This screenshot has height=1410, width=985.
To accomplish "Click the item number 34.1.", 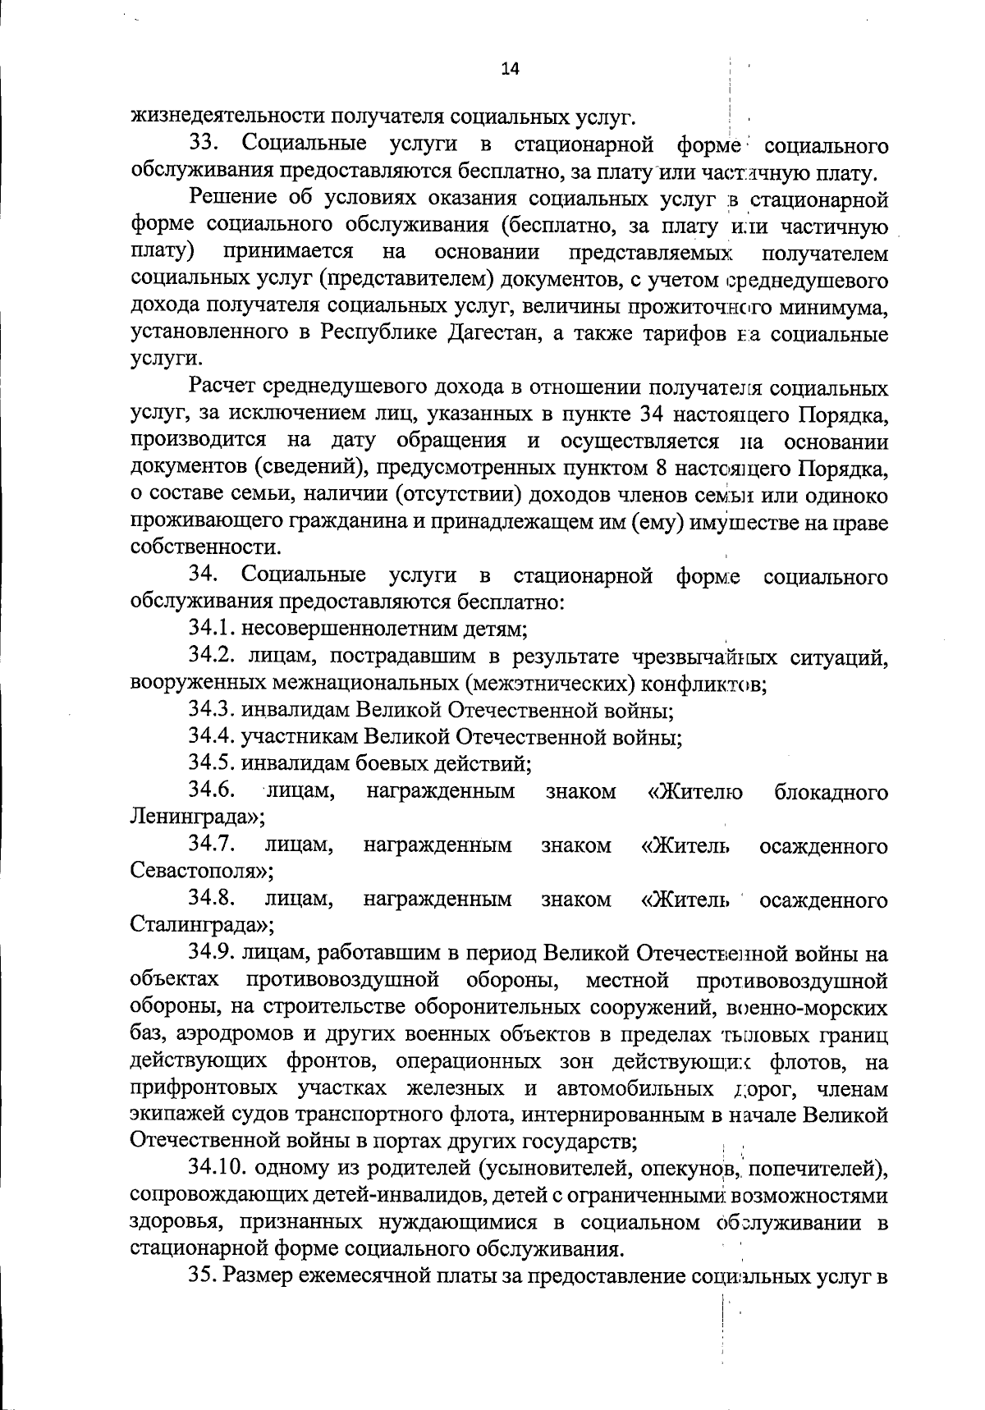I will point(213,629).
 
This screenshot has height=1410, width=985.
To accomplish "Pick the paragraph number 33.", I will point(203,145).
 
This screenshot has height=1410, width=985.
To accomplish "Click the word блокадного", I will point(831,791).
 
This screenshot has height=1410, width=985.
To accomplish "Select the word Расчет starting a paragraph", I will point(228,387).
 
